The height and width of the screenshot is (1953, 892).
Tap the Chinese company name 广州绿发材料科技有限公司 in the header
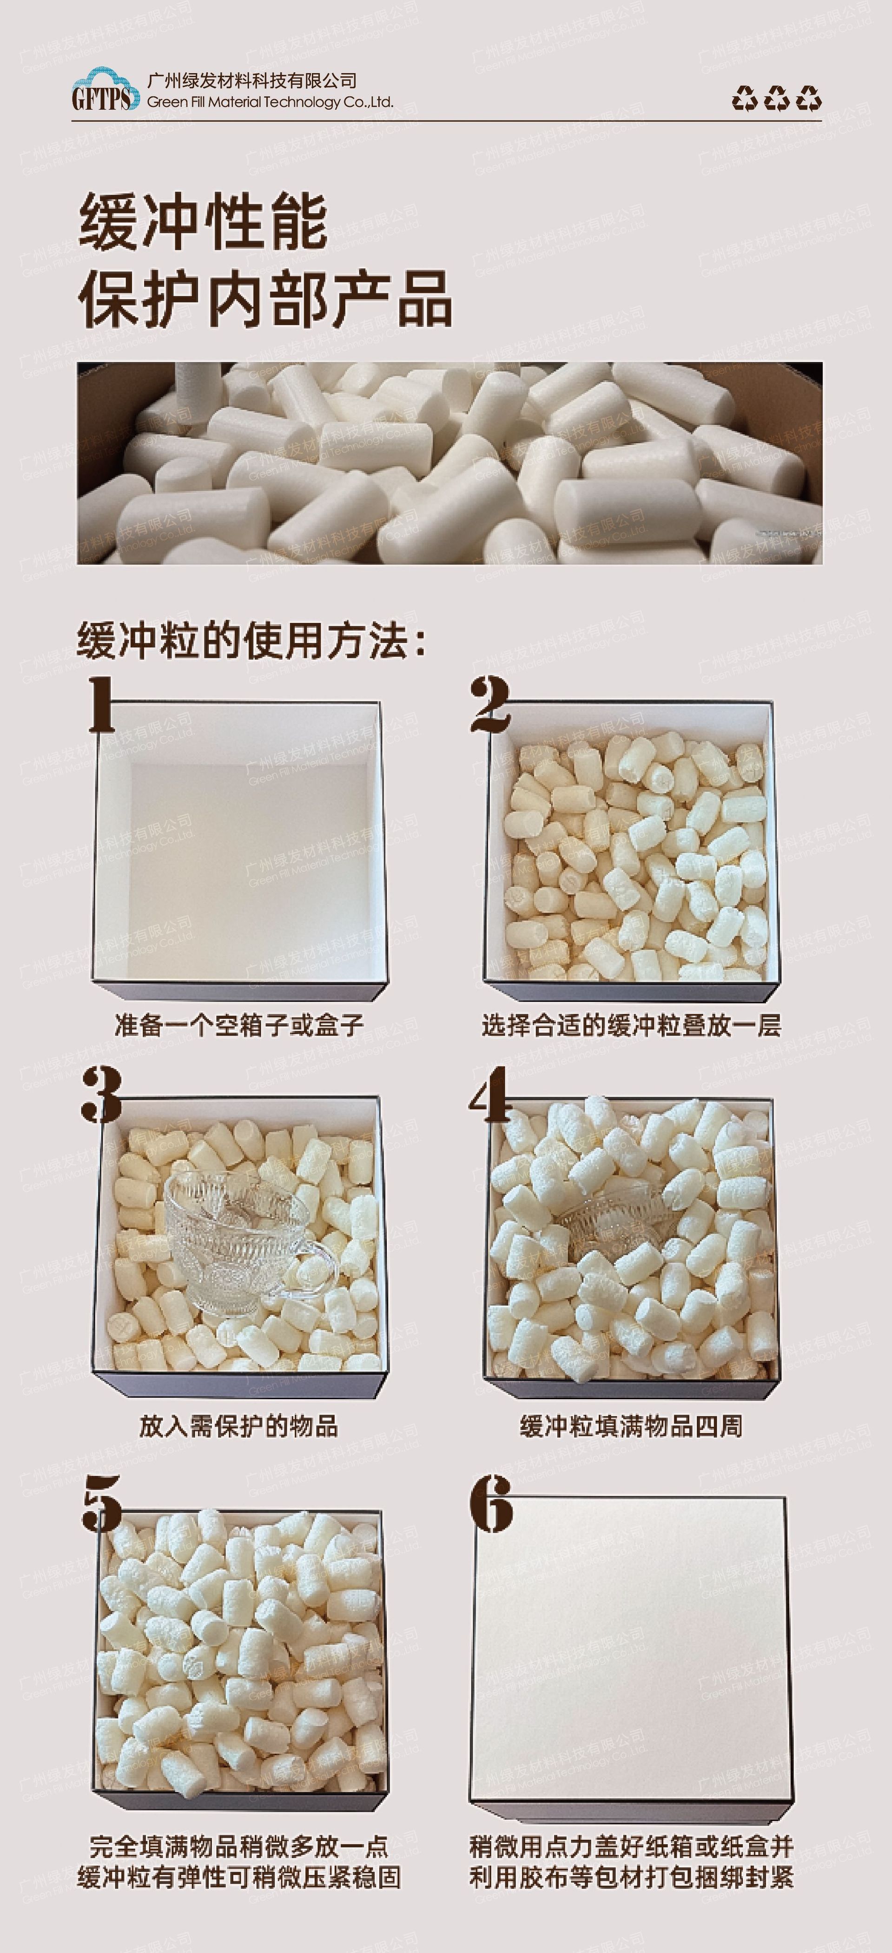(252, 80)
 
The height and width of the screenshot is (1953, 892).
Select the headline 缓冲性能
(203, 222)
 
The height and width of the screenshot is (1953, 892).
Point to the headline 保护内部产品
(265, 300)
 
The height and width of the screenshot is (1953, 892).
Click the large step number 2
(489, 705)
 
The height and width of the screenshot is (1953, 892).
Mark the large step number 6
(491, 1503)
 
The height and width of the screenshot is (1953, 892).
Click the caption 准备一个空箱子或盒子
(239, 1025)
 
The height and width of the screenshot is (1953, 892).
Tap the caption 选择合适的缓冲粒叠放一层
(631, 1025)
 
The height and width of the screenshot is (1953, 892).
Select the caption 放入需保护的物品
(239, 1426)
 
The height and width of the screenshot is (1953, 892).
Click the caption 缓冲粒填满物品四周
(631, 1426)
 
